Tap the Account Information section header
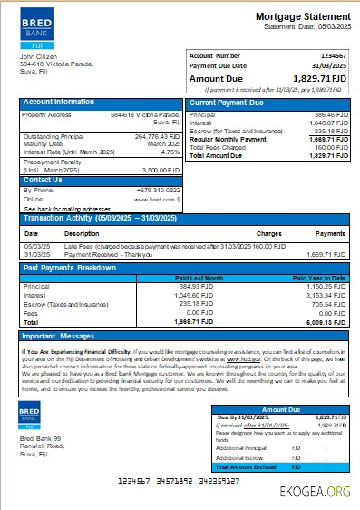click(59, 103)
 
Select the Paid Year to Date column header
click(320, 278)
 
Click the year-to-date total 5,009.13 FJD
click(324, 321)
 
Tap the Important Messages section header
click(63, 336)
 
